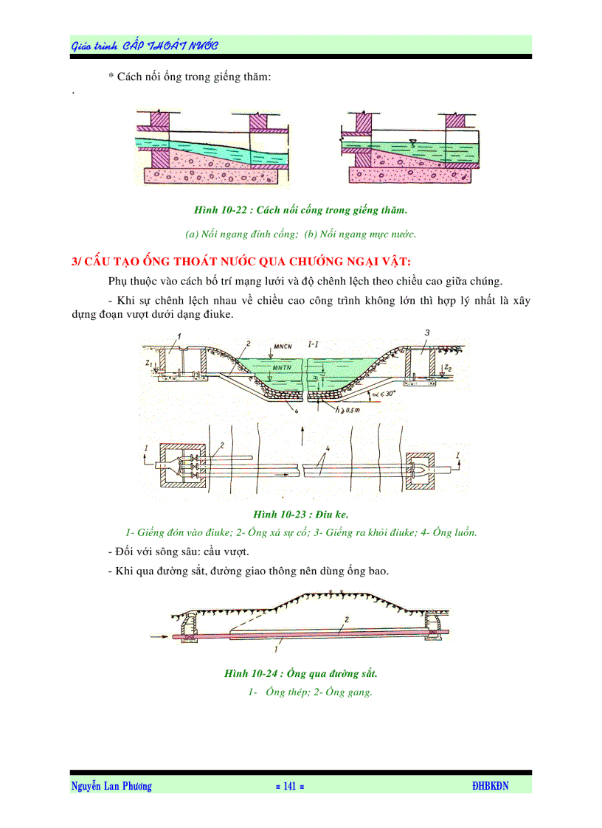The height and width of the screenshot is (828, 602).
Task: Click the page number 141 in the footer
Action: (x=289, y=786)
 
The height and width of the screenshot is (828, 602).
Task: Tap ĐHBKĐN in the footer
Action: (x=491, y=786)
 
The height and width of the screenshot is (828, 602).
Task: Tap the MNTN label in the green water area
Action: (x=283, y=366)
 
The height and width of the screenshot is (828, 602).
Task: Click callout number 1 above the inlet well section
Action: (x=179, y=336)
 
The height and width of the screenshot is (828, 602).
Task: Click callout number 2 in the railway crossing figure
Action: (x=347, y=619)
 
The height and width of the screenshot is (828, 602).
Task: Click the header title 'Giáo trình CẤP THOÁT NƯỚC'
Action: (x=145, y=46)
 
